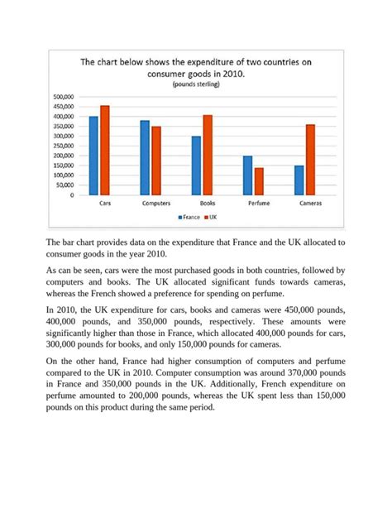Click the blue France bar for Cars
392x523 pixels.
(x=93, y=156)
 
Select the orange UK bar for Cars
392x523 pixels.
(x=104, y=151)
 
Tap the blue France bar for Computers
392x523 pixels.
(x=145, y=158)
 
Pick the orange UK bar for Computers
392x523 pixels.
(x=155, y=161)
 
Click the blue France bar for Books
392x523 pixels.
(x=196, y=166)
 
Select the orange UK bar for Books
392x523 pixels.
(x=207, y=155)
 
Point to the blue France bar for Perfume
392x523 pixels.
(x=247, y=175)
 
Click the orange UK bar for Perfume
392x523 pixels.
(x=258, y=181)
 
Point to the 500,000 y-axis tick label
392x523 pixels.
(x=64, y=97)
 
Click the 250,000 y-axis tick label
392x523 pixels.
(x=64, y=146)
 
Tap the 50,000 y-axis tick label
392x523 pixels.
(x=65, y=185)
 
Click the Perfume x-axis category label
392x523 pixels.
(x=253, y=203)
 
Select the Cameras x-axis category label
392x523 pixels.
(x=304, y=203)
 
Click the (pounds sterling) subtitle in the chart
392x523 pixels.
(x=196, y=84)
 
